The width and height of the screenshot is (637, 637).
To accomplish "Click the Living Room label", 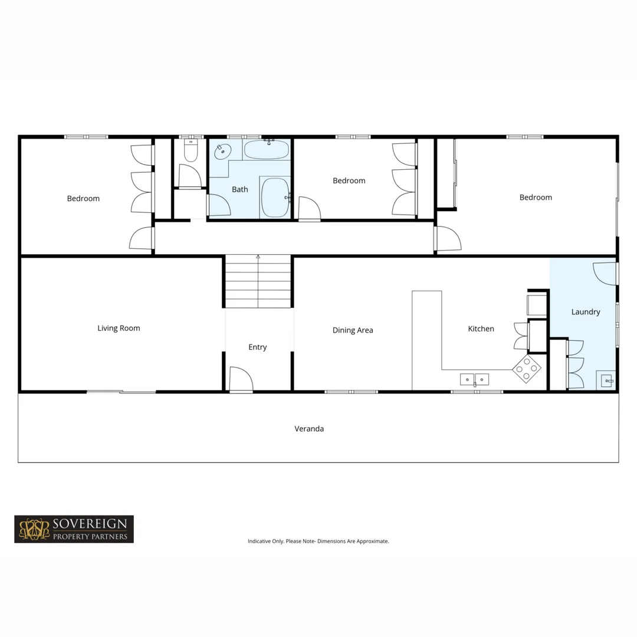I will point(119,328).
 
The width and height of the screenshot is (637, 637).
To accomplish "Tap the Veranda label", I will point(309,429).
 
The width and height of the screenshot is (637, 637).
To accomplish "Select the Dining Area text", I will point(352,330).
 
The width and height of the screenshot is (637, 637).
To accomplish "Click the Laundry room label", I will point(585,311).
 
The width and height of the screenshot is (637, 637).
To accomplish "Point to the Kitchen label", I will point(481,329).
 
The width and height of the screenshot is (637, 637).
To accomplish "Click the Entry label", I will point(257,347).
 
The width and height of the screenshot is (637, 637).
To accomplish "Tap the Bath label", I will point(239,189).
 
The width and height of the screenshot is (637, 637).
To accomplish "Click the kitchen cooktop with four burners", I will point(527,369).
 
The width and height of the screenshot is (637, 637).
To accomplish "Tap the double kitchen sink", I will point(474,378).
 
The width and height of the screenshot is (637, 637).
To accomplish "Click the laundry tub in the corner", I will point(606,380).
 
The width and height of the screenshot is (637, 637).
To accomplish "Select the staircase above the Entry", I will point(258,282).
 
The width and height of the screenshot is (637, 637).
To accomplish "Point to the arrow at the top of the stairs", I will point(258,257).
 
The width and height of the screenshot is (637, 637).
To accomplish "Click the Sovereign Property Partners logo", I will point(74,529).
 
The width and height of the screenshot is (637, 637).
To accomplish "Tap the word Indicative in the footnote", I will point(259,541).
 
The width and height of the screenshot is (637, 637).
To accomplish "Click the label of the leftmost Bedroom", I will point(83,198).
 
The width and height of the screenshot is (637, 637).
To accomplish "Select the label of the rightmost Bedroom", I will point(536,197).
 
